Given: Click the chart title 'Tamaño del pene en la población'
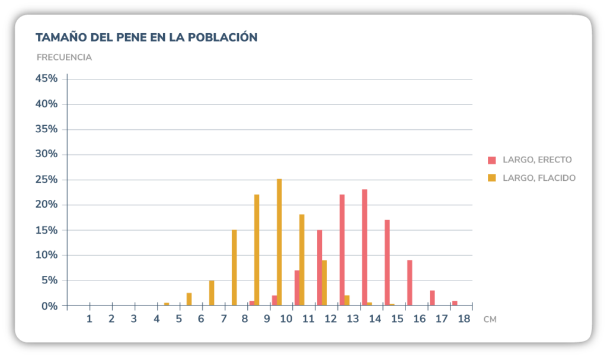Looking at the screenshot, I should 146,37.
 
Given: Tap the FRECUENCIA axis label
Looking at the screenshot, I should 64,58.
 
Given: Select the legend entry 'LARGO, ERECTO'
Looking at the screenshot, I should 537,160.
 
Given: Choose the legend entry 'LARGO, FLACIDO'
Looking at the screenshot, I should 539,177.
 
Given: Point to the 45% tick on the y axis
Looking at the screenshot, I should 46,79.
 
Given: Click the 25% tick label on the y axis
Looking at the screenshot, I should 46,180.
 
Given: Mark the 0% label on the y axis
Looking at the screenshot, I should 48,306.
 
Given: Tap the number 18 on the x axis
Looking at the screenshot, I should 464,319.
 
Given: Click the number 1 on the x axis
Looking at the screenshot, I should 90,319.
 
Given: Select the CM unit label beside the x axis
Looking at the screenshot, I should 490,320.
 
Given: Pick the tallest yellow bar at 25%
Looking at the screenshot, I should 279,242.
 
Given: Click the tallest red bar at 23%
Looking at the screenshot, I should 365,247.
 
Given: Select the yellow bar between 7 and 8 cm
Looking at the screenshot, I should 234,267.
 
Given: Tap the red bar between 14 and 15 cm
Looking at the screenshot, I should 387,263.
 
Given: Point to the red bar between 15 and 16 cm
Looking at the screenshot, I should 410,283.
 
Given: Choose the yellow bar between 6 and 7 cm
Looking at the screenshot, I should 212,293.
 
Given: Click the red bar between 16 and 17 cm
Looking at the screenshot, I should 432,298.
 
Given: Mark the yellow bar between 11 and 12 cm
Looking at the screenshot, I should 324,283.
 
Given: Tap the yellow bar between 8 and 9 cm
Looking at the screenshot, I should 257,250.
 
